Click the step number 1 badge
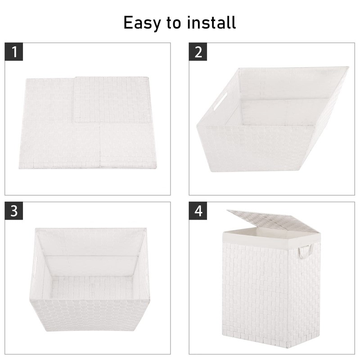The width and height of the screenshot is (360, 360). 15,52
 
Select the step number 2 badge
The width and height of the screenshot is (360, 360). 198,52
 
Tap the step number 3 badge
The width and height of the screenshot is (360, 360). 15,211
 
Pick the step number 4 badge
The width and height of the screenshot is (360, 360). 198,211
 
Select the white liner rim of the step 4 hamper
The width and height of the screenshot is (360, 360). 270,237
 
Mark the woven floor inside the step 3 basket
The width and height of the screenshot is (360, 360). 92,288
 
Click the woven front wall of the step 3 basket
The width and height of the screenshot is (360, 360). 90,315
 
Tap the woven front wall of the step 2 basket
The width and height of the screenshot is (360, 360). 256,148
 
